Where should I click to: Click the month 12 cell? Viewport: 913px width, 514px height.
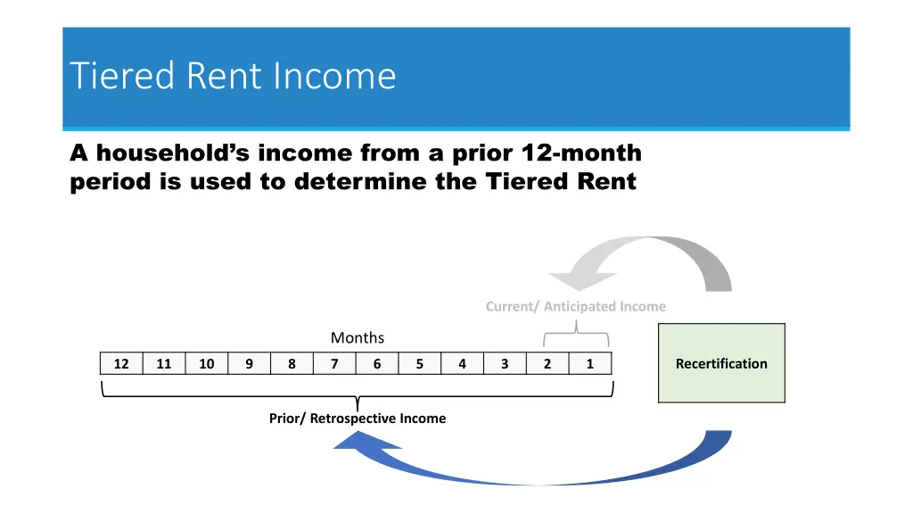pyautogui.click(x=121, y=363)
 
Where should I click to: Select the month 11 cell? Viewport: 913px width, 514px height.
pyautogui.click(x=164, y=363)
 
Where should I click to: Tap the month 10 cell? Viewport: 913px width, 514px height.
pyautogui.click(x=207, y=363)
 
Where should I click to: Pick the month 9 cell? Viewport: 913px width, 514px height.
pyautogui.click(x=250, y=363)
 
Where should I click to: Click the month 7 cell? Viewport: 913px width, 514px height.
pyautogui.click(x=334, y=363)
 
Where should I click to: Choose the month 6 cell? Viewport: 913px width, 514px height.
pyautogui.click(x=377, y=363)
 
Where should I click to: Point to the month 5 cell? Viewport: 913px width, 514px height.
pyautogui.click(x=420, y=363)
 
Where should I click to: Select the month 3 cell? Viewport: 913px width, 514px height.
pyautogui.click(x=505, y=363)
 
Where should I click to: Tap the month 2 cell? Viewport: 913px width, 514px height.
pyautogui.click(x=547, y=363)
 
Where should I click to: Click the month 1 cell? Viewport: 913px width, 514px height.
pyautogui.click(x=589, y=363)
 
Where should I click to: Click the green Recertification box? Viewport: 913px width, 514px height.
pyautogui.click(x=721, y=363)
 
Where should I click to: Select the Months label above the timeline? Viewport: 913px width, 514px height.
pyautogui.click(x=358, y=337)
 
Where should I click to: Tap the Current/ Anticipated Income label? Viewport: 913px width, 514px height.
pyautogui.click(x=575, y=306)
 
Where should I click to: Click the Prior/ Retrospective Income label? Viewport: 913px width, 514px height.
pyautogui.click(x=358, y=418)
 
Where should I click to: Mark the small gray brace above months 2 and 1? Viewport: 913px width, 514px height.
pyautogui.click(x=576, y=336)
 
